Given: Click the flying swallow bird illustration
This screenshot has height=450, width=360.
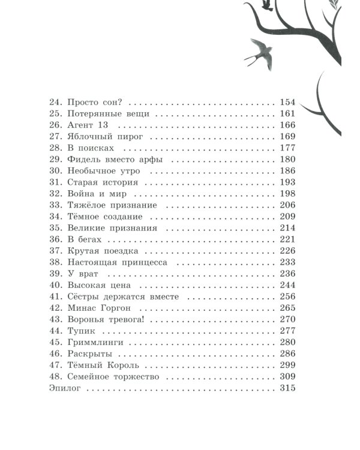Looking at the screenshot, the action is coord(256,50).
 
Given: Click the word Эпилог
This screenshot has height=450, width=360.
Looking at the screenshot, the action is coord(64,389).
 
